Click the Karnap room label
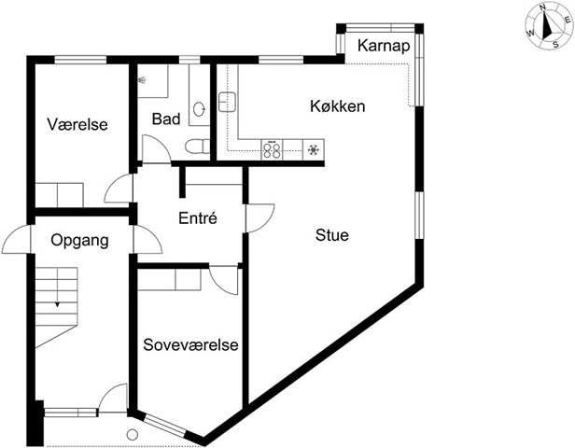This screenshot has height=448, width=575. pyautogui.click(x=384, y=46)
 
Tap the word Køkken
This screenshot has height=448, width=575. pyautogui.click(x=337, y=106)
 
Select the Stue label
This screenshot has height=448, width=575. pyautogui.click(x=332, y=235)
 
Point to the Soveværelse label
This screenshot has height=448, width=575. pyautogui.click(x=190, y=345)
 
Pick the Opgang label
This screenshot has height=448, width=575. pyautogui.click(x=79, y=241)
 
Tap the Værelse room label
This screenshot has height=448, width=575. pyautogui.click(x=77, y=124)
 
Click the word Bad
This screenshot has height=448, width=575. pyautogui.click(x=166, y=119)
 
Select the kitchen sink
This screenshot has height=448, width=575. pyautogui.click(x=227, y=102)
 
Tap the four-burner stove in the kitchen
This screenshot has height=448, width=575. pyautogui.click(x=273, y=149)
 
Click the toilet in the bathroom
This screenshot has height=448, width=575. pyautogui.click(x=197, y=147)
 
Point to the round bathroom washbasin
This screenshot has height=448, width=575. pyautogui.click(x=199, y=109)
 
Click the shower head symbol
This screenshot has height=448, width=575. pyautogui.click(x=142, y=79)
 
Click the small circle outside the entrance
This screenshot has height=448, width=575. pyautogui.click(x=132, y=435)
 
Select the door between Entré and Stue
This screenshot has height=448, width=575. pyautogui.click(x=260, y=218)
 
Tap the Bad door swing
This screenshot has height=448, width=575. pyautogui.click(x=156, y=148)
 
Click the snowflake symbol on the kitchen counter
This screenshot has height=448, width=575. pyautogui.click(x=314, y=149)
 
